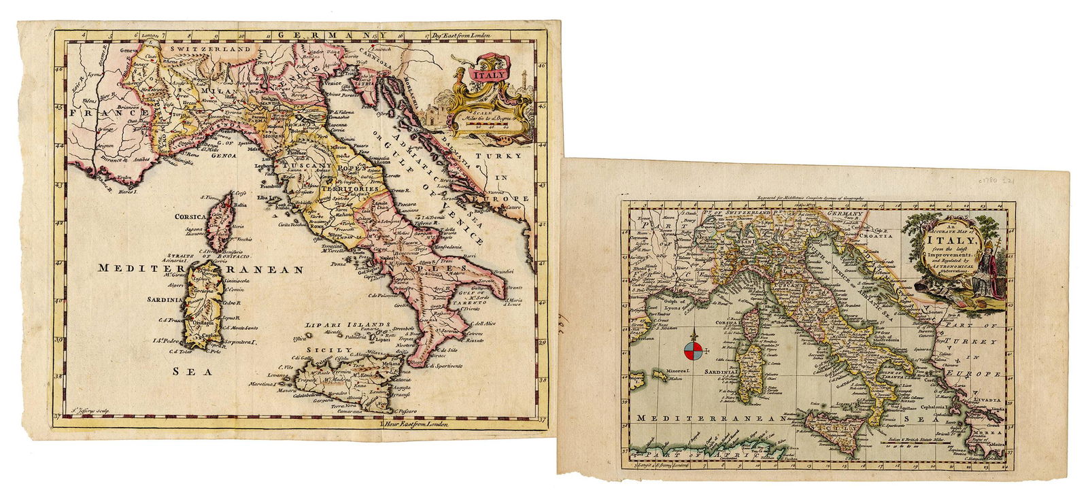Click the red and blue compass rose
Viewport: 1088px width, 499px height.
[x=694, y=349]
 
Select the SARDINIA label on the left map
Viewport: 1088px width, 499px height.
[x=165, y=299]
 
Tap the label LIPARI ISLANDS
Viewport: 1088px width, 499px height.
[x=347, y=325]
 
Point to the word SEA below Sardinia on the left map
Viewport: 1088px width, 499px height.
[x=190, y=371]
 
